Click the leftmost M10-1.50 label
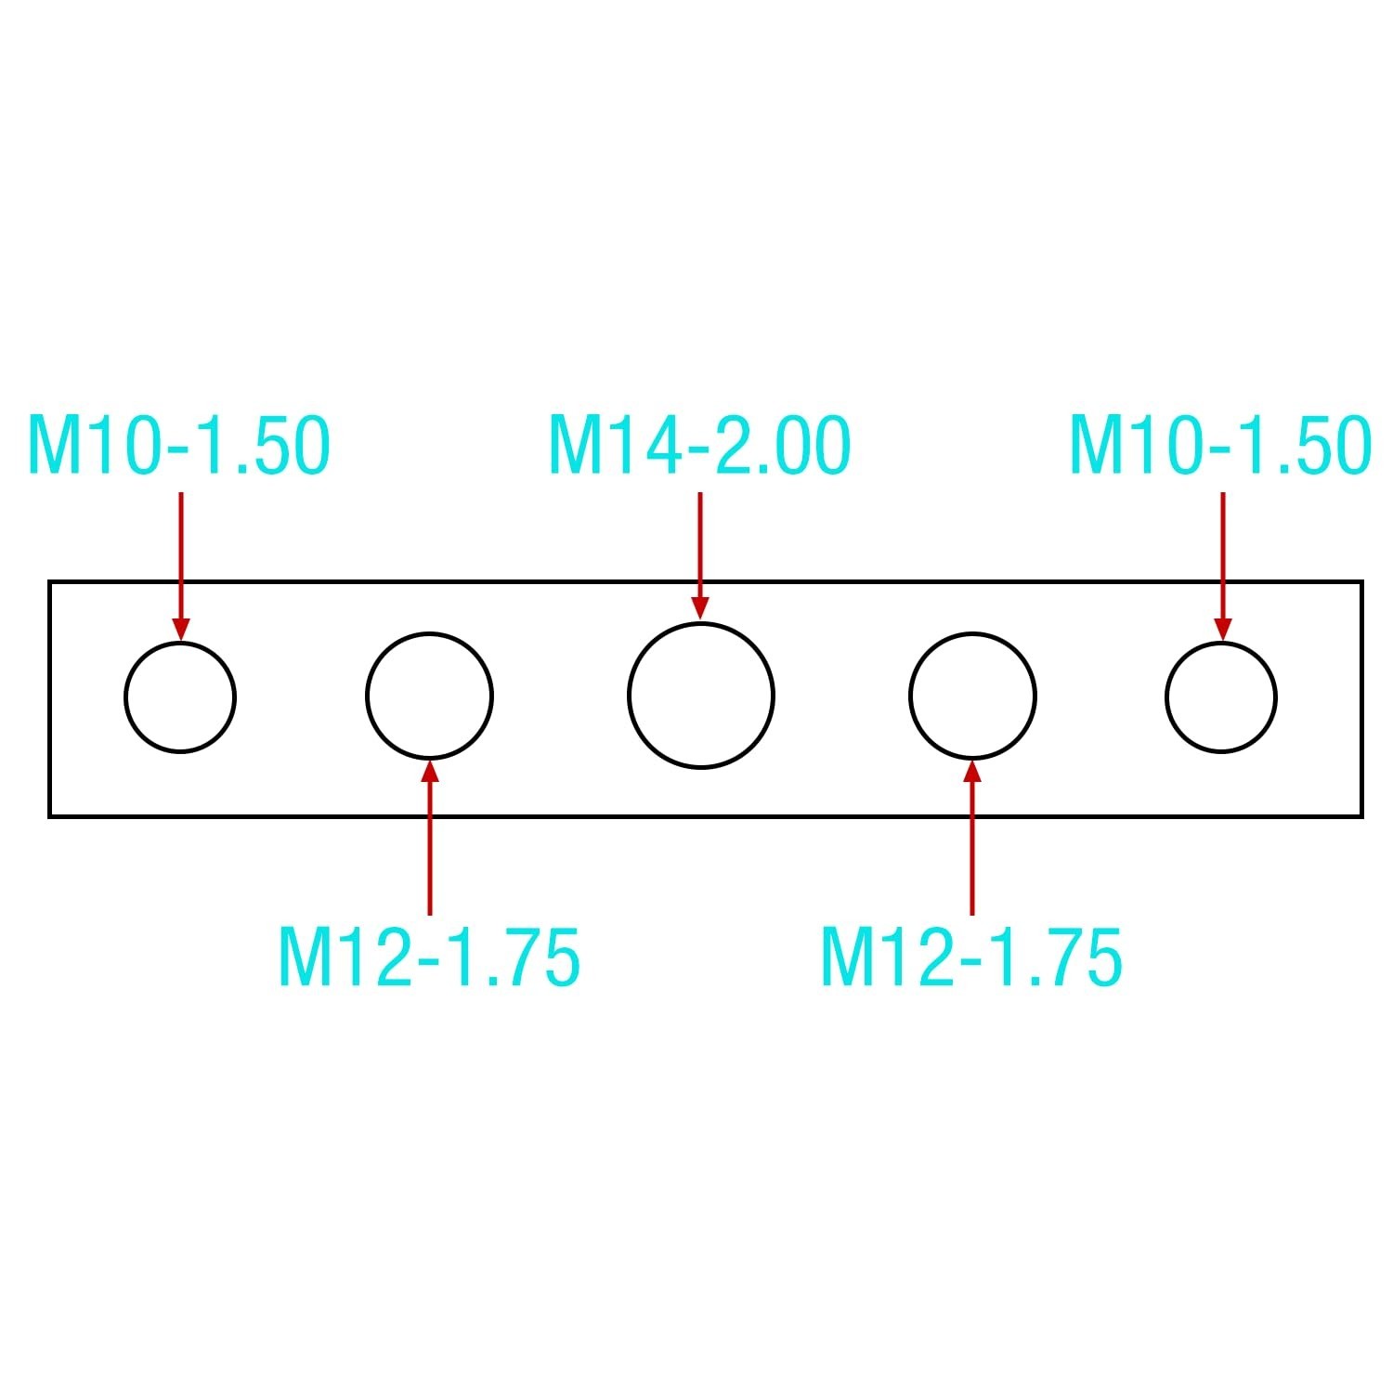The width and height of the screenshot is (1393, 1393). [x=179, y=447]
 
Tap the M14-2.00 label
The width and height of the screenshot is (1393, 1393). [x=699, y=447]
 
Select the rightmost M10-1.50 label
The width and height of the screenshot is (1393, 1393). [x=1220, y=447]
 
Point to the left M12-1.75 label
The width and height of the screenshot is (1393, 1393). [x=429, y=956]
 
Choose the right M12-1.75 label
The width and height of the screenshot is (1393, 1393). [x=971, y=956]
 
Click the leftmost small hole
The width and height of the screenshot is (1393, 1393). [x=126, y=697]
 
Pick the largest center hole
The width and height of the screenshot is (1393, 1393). [x=629, y=696]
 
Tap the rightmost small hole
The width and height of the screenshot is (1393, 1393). [x=1167, y=697]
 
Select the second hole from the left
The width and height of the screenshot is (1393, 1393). [x=367, y=696]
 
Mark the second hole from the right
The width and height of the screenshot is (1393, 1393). [x=910, y=696]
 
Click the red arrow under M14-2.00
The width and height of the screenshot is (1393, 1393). [x=700, y=555]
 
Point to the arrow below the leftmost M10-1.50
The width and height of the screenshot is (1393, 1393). [x=180, y=566]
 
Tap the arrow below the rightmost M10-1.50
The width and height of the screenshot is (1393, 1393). [x=1222, y=566]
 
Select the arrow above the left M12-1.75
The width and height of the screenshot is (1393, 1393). [x=429, y=838]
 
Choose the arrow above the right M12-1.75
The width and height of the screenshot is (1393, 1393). [x=972, y=838]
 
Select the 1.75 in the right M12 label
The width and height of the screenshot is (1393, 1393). [x=1052, y=956]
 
